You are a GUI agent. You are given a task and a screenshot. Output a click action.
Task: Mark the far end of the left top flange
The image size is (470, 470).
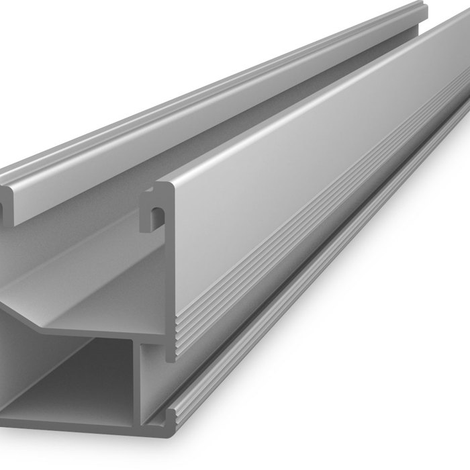coord(420,10)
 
